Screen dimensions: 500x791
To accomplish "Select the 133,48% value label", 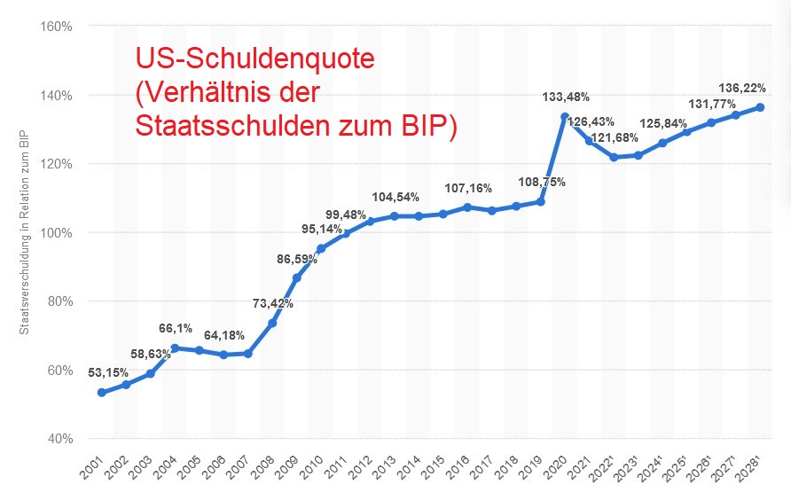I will tap(565, 96).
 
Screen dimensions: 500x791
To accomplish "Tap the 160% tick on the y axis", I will tap(56, 26).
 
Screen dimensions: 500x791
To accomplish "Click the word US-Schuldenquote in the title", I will tap(255, 59).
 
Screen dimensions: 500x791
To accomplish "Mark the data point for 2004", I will tap(175, 348).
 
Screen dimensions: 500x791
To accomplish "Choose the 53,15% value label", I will tap(109, 372).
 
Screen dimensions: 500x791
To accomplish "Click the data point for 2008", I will tap(272, 323).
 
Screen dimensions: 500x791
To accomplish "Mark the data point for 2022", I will tap(614, 157).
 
